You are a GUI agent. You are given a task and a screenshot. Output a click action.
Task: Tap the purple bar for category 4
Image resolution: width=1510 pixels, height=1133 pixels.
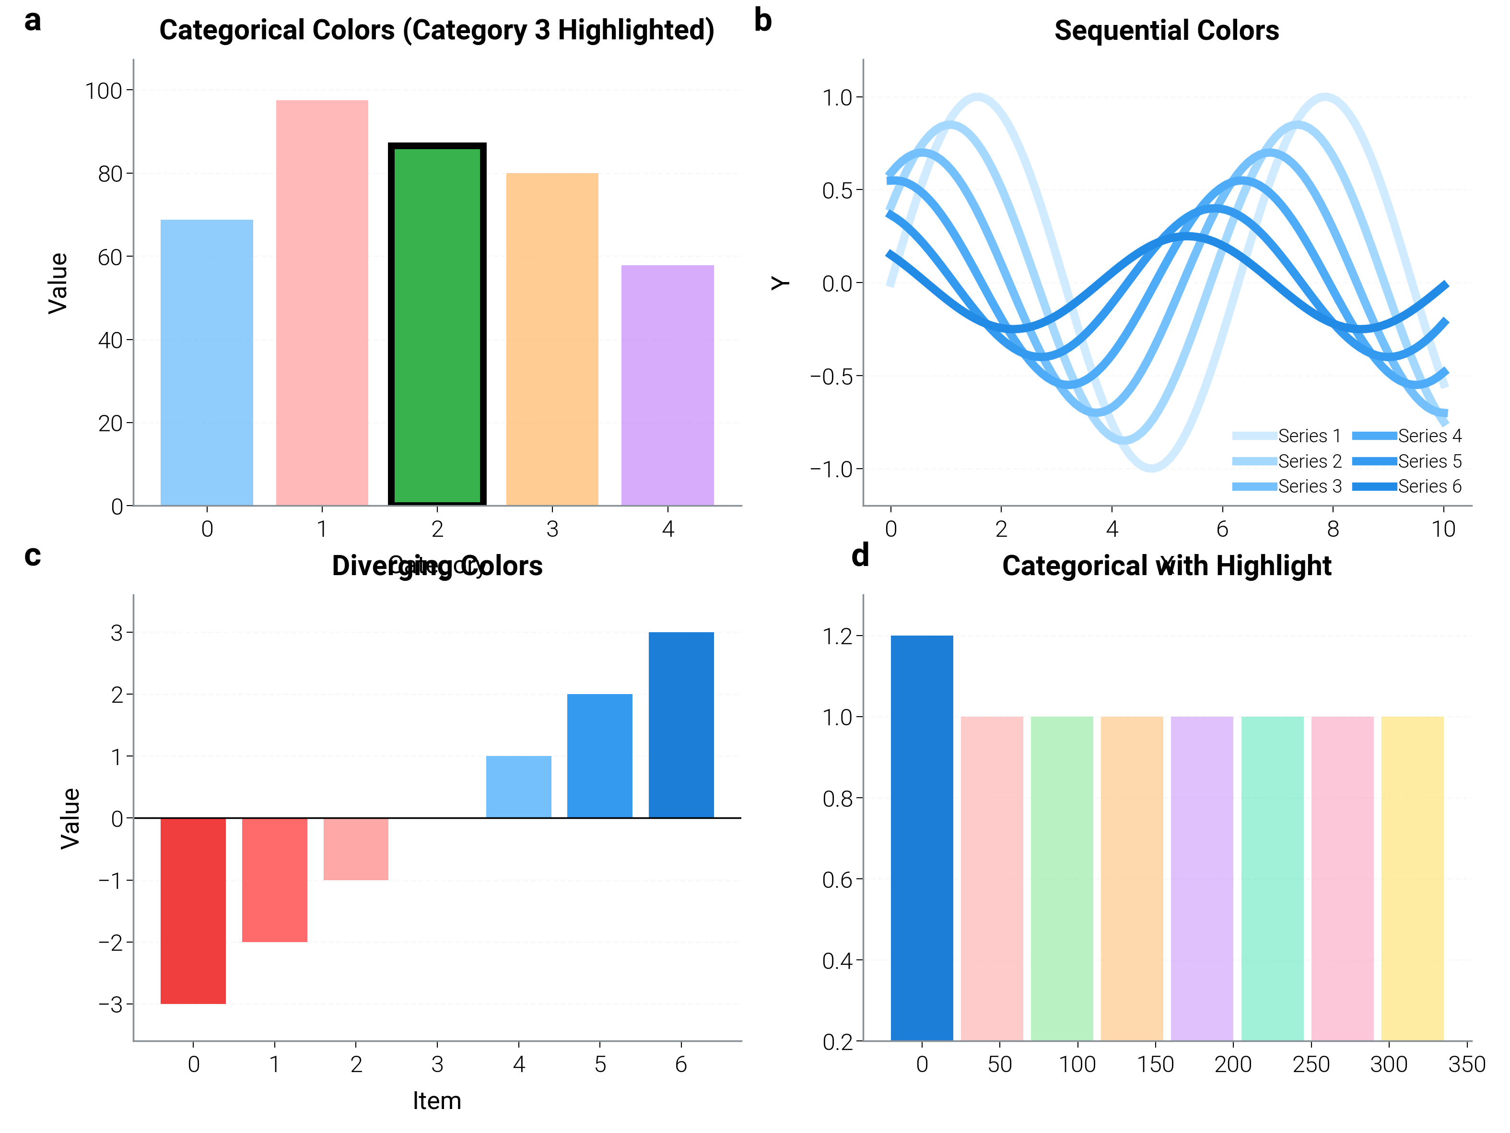coord(667,385)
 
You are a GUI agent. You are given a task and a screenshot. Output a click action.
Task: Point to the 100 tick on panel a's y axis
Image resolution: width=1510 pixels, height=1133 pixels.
coord(103,91)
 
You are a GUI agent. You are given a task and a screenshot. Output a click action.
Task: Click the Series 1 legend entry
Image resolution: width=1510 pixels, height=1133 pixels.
coord(1286,436)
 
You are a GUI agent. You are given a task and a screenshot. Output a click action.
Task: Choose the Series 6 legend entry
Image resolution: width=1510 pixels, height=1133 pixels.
coord(1406,486)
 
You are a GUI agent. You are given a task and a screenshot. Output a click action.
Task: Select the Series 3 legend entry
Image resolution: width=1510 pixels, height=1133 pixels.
coord(1286,486)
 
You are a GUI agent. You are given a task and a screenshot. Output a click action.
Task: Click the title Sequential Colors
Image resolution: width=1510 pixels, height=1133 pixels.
coord(1166,31)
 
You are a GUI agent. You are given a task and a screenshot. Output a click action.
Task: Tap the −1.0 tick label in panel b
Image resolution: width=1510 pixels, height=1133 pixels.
coord(831,469)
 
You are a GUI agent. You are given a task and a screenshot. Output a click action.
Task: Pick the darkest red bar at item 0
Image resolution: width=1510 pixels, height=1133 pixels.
coord(193,910)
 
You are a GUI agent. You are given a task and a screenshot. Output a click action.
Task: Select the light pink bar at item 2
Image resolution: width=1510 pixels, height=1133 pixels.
coord(356,849)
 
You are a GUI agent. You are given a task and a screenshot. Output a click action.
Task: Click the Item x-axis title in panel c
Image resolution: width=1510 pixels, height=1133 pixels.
coord(437,1100)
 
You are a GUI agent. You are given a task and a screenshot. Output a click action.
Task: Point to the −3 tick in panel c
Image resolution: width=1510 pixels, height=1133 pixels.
coord(111,1004)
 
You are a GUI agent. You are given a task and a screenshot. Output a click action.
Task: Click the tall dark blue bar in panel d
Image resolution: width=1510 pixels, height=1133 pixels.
coord(922,838)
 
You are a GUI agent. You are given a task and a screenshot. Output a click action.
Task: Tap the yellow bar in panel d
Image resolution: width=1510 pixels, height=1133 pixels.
coord(1412,878)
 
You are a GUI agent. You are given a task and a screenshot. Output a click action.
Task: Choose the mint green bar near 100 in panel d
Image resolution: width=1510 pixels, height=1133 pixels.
coord(1062,878)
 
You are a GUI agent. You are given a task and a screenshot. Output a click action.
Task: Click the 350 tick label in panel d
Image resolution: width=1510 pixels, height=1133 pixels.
coord(1466,1064)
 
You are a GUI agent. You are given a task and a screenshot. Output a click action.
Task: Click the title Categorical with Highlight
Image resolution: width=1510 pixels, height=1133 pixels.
coord(1166,566)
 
